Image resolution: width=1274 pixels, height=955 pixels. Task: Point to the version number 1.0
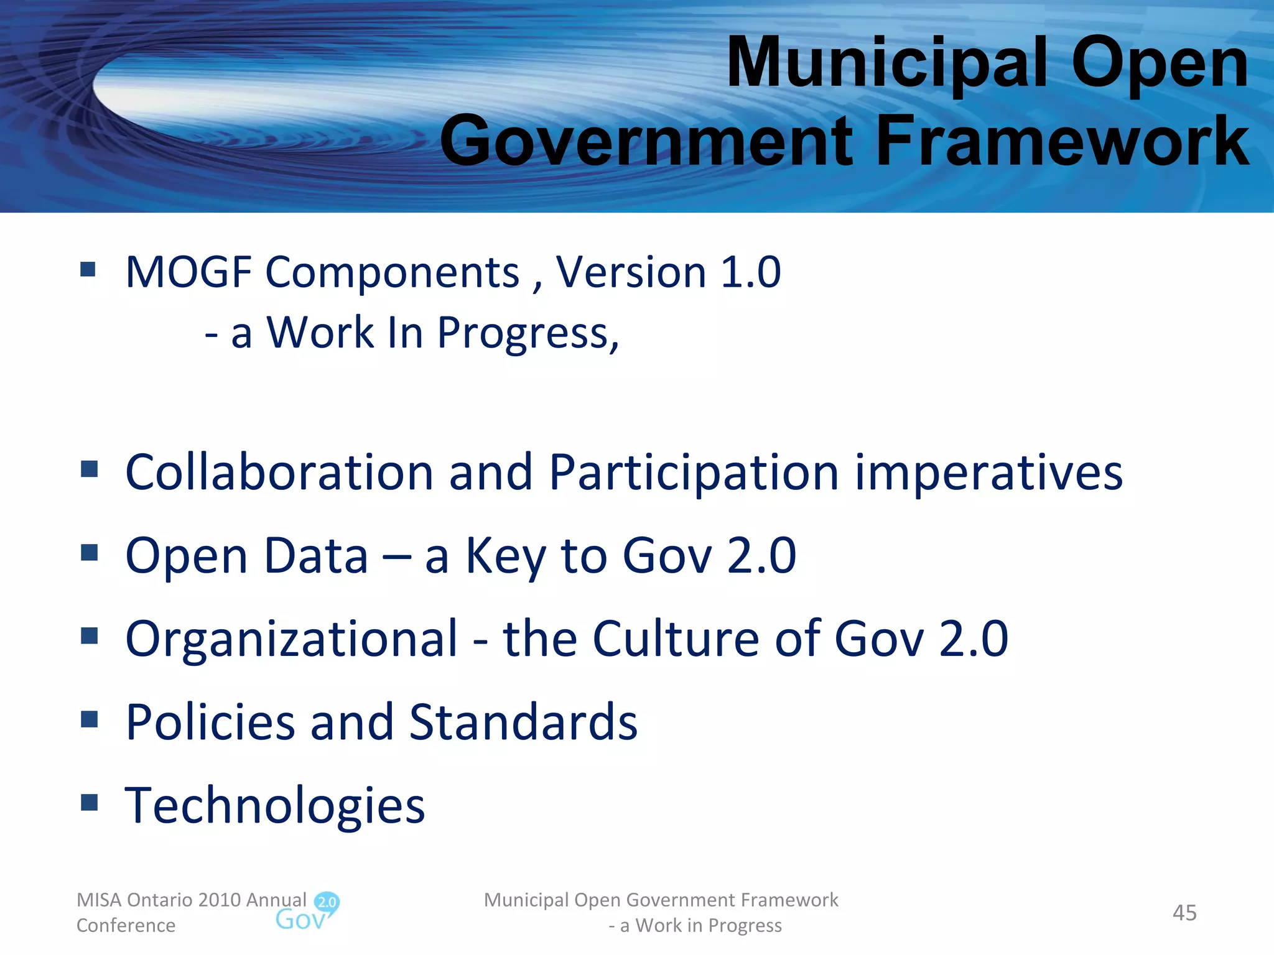click(750, 272)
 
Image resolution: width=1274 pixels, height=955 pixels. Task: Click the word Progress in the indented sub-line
click(528, 334)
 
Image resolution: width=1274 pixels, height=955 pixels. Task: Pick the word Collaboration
click(279, 473)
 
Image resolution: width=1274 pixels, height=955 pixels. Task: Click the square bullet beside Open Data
click(90, 552)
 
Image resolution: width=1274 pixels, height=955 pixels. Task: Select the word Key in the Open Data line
click(505, 556)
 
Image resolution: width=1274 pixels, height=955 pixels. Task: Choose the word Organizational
click(292, 639)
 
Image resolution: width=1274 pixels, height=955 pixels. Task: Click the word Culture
click(676, 639)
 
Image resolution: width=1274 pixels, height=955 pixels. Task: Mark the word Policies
click(210, 722)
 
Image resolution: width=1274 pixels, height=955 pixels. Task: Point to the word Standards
click(523, 722)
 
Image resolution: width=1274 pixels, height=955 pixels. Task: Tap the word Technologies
click(275, 806)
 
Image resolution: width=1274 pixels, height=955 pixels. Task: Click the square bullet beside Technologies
click(90, 802)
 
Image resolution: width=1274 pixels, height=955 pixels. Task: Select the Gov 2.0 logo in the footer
click(307, 911)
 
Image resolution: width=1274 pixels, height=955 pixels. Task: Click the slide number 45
click(1184, 913)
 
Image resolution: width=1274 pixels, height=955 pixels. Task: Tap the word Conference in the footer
click(126, 926)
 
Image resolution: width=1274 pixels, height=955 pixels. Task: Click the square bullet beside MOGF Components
click(88, 269)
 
